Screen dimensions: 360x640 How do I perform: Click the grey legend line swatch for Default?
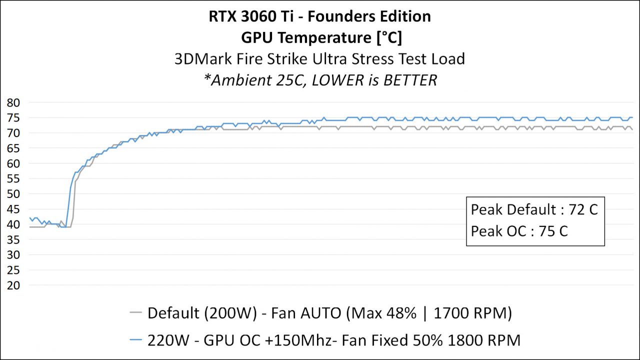click(x=136, y=313)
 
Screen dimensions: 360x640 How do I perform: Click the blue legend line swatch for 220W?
click(x=136, y=340)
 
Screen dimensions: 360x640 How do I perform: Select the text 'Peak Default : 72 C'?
click(x=534, y=209)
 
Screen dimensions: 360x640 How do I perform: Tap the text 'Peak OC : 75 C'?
click(x=519, y=231)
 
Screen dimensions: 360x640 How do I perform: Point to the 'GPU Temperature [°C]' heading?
click(x=320, y=37)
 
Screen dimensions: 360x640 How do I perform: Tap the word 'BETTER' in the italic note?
click(x=410, y=80)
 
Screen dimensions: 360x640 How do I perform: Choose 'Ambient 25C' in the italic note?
click(x=255, y=80)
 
